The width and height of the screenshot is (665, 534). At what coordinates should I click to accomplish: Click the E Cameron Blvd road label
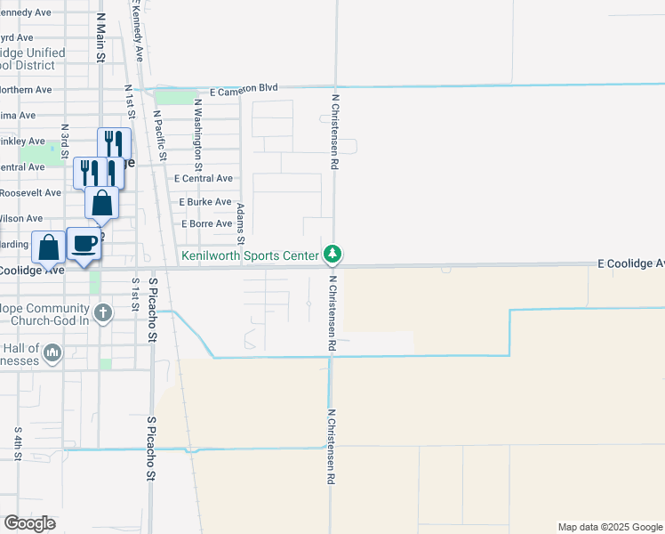tap(244, 88)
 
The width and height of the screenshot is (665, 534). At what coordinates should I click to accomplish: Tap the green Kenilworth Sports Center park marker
tap(332, 255)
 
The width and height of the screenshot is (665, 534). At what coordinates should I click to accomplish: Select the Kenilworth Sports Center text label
tap(250, 255)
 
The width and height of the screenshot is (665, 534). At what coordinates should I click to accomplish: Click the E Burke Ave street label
tap(205, 202)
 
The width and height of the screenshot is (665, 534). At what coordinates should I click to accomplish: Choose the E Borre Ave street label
tap(206, 223)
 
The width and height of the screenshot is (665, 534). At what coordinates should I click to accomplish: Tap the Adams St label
tap(240, 222)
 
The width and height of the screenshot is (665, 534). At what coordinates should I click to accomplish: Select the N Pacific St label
tap(160, 134)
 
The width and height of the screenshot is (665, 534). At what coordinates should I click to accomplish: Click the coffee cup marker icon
tap(84, 244)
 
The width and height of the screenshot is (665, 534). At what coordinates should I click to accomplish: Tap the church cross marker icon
tap(103, 312)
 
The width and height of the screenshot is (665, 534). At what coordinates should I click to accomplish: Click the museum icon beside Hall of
tap(52, 354)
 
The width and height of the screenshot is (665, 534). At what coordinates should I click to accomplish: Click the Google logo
tap(29, 523)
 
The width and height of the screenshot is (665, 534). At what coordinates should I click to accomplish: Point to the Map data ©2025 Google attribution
tap(609, 527)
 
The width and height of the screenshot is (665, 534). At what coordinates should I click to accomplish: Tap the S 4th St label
tap(18, 442)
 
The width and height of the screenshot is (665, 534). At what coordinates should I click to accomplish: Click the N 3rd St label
tap(65, 142)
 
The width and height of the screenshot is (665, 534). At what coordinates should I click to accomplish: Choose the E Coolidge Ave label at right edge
tap(630, 263)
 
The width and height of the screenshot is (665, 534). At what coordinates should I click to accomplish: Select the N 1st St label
tap(129, 101)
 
